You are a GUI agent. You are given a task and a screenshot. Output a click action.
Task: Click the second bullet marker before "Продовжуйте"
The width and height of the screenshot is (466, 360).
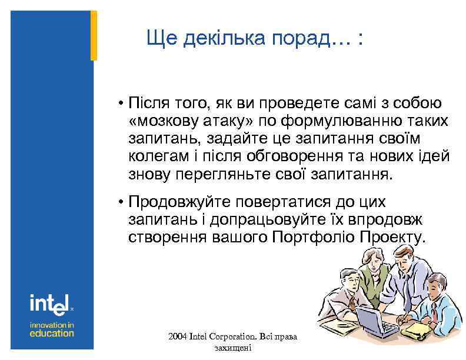(119, 203)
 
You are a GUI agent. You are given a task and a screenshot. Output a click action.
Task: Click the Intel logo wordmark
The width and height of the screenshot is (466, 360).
(50, 304)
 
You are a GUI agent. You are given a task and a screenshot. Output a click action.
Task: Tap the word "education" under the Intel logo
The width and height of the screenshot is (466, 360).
(52, 333)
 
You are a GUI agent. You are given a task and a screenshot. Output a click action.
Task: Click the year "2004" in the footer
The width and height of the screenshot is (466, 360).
(177, 337)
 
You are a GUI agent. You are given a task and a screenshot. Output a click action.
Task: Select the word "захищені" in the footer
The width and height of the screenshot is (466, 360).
(234, 348)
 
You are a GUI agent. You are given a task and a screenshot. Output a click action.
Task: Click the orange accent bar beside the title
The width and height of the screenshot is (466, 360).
(94, 35)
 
